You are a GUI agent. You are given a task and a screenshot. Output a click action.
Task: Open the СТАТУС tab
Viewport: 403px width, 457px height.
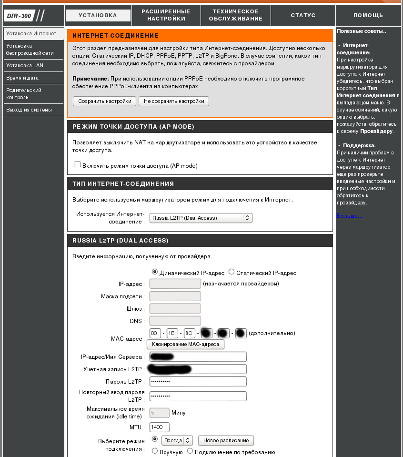click(x=303, y=15)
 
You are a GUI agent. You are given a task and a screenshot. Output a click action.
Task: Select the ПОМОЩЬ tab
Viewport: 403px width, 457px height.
click(x=368, y=15)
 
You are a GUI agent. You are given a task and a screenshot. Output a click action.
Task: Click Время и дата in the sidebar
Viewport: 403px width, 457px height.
click(x=22, y=78)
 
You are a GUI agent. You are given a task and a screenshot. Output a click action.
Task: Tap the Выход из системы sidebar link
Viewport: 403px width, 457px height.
click(x=29, y=110)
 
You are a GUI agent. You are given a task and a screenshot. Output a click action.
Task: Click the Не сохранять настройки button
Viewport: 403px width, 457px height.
click(x=174, y=101)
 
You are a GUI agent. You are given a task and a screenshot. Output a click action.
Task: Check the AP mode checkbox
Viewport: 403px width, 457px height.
click(x=78, y=164)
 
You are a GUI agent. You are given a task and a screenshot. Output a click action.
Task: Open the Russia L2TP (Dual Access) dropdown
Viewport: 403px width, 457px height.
click(x=201, y=218)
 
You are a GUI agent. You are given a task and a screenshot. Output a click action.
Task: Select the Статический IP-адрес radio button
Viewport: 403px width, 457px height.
click(x=232, y=272)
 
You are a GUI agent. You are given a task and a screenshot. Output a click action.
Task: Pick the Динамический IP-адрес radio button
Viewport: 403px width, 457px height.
click(x=154, y=272)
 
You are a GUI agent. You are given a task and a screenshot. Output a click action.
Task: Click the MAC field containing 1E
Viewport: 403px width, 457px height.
click(x=172, y=333)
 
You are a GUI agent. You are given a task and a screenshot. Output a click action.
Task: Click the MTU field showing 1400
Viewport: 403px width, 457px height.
click(x=159, y=427)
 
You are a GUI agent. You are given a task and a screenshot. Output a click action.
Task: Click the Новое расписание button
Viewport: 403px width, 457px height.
click(x=226, y=440)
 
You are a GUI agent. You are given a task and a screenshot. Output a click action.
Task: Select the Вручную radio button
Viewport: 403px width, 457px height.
click(x=154, y=451)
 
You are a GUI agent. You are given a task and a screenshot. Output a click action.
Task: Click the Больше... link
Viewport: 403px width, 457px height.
click(x=350, y=216)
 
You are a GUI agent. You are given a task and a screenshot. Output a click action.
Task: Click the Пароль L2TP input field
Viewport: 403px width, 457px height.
click(x=198, y=382)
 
